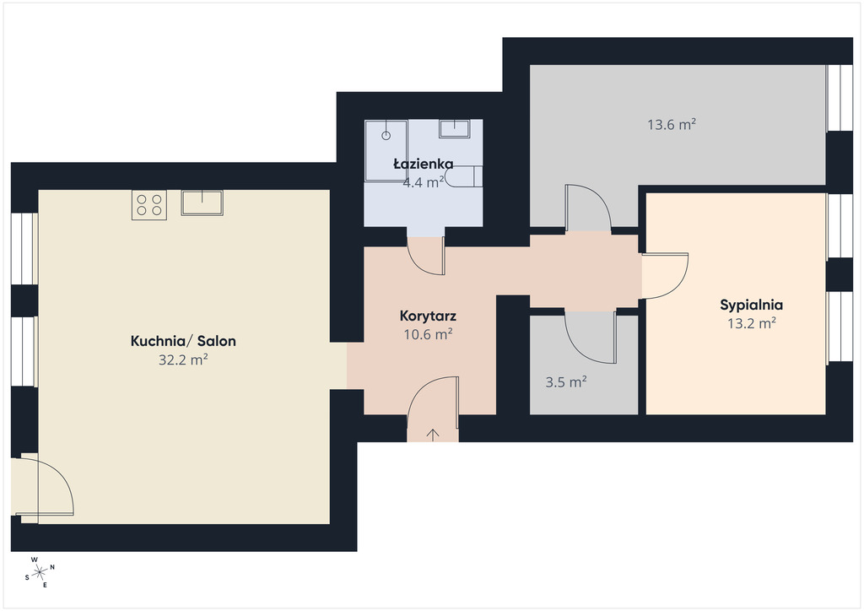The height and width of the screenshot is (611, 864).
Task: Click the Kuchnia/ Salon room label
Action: tap(183, 341)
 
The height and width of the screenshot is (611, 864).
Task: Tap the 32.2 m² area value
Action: tap(183, 360)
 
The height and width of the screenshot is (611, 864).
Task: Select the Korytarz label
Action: tap(428, 316)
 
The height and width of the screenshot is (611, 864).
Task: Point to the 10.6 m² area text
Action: tap(428, 334)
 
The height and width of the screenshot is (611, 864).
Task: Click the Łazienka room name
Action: tap(424, 164)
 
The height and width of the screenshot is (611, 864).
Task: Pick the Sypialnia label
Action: tap(752, 305)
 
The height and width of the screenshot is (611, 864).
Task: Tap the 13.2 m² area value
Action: tap(752, 323)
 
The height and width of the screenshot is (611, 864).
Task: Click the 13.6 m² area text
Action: tap(672, 125)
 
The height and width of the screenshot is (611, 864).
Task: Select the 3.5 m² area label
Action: tap(566, 381)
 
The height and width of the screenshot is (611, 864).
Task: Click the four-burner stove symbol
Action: tap(149, 205)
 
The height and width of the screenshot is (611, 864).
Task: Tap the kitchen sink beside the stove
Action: tap(202, 203)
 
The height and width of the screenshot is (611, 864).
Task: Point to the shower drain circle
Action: tap(386, 135)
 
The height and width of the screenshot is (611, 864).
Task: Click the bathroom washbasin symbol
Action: tap(455, 128)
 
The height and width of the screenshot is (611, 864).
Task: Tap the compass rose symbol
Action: tap(40, 572)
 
